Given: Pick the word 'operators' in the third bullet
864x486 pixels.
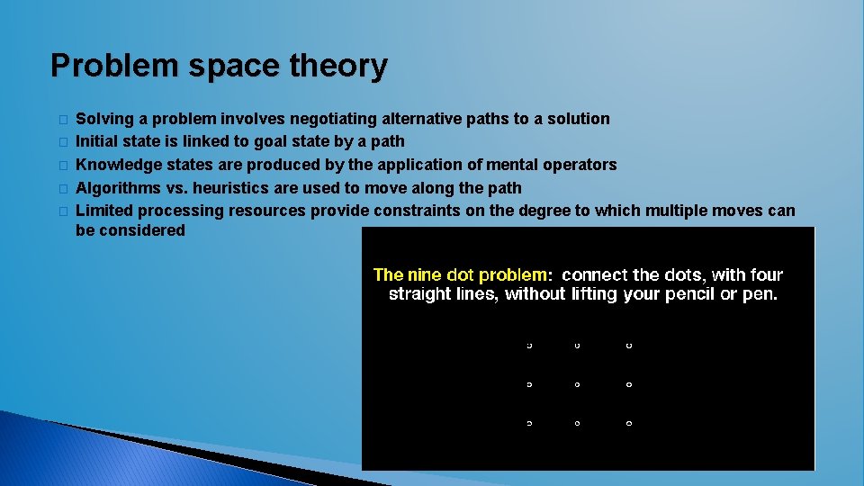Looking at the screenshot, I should (577, 165).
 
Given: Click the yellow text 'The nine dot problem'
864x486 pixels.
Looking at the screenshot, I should (460, 274).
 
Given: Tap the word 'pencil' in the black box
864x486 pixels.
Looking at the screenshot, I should (689, 294).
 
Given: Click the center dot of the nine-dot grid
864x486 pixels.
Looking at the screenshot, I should (577, 384).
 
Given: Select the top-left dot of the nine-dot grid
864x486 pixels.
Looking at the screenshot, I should (528, 345).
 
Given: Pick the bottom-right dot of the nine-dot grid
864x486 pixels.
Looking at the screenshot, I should (628, 423).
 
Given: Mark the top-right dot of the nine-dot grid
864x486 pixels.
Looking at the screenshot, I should (628, 345).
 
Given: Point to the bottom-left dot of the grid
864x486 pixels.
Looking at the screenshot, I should (528, 423).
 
